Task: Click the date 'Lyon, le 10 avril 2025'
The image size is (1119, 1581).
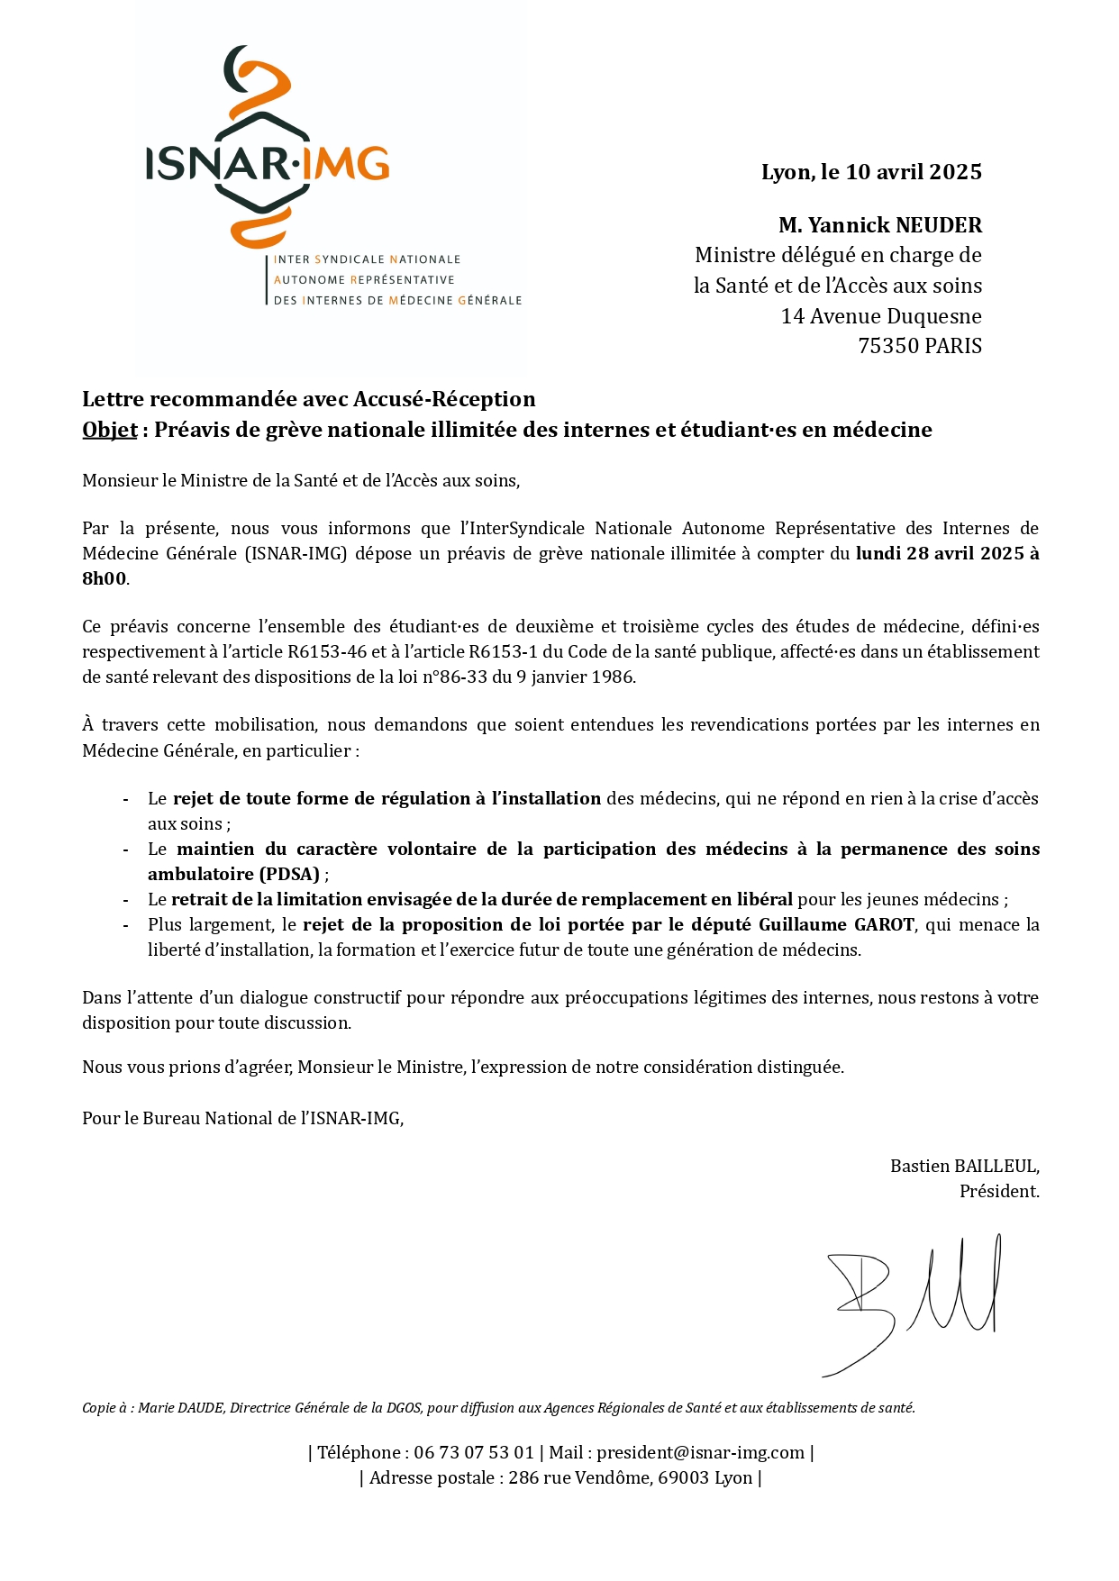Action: (x=871, y=172)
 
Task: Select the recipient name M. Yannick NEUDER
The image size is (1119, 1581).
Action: (x=880, y=225)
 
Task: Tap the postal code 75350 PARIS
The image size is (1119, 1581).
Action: (x=920, y=346)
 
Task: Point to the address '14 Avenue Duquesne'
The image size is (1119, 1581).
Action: (x=881, y=316)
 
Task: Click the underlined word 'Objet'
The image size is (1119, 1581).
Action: (x=110, y=430)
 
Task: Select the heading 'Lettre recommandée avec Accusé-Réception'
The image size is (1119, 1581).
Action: (x=309, y=399)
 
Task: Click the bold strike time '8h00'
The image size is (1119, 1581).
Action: (x=105, y=578)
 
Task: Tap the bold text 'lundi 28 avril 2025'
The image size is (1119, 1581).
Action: (x=940, y=553)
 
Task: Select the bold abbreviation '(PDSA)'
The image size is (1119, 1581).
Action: (x=289, y=874)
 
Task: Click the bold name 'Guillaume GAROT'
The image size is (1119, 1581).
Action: (x=836, y=924)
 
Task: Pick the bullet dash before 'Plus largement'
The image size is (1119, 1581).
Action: (x=125, y=925)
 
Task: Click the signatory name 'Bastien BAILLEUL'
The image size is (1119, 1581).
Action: (x=963, y=1166)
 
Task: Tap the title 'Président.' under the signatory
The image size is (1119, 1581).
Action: (x=999, y=1191)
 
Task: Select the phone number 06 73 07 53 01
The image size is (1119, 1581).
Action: (x=474, y=1452)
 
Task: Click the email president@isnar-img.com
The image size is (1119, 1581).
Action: (x=700, y=1452)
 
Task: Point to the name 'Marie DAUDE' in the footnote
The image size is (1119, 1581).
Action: (x=180, y=1408)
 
